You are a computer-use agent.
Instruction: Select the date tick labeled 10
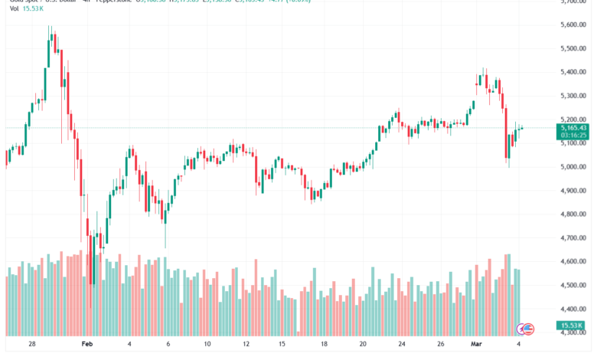click(x=207, y=345)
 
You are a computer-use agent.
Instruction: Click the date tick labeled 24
click(x=401, y=345)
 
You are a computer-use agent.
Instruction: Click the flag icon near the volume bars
click(x=525, y=328)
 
